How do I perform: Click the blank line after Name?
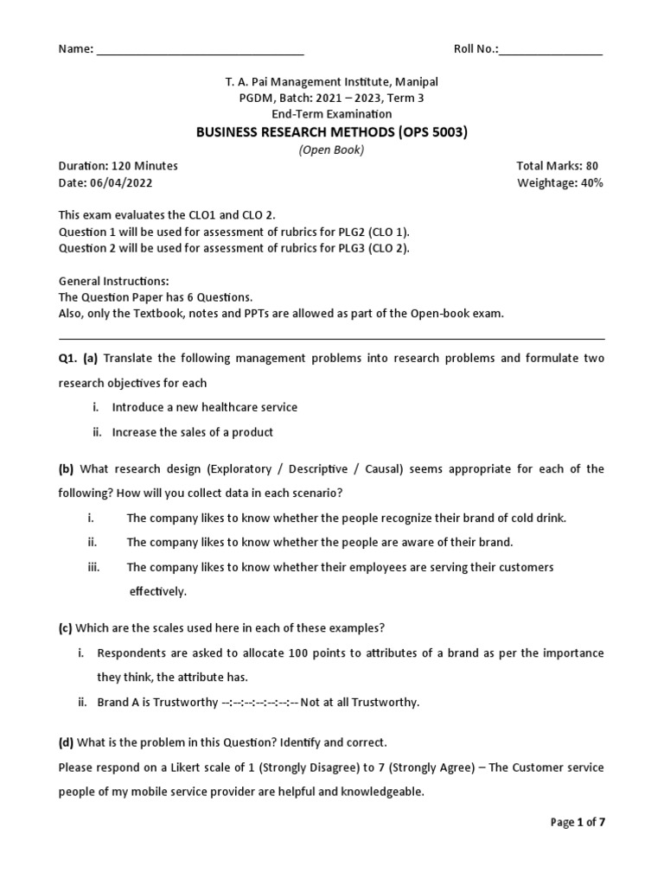pyautogui.click(x=200, y=50)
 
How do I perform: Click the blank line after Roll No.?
pyautogui.click(x=551, y=50)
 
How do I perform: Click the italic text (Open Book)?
pyautogui.click(x=331, y=150)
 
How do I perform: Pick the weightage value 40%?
pyautogui.click(x=592, y=182)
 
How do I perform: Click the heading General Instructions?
pyautogui.click(x=113, y=281)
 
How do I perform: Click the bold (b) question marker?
pyautogui.click(x=66, y=468)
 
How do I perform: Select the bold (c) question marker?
pyautogui.click(x=66, y=627)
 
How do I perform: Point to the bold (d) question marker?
pyautogui.click(x=66, y=742)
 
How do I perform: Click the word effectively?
pyautogui.click(x=158, y=592)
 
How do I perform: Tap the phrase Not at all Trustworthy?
pyautogui.click(x=359, y=702)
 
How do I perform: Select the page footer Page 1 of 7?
pyautogui.click(x=578, y=823)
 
